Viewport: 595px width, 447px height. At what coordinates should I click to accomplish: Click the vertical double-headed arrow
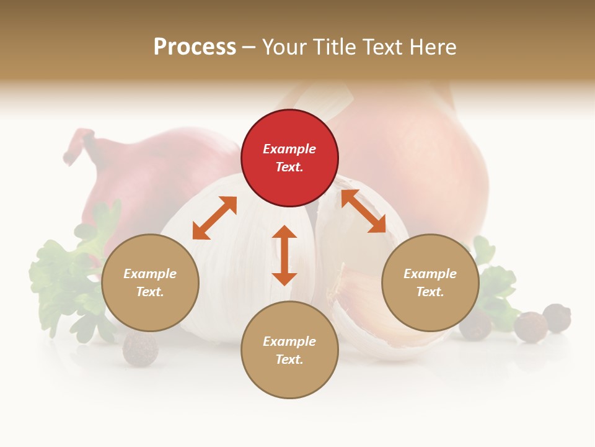tap(284, 255)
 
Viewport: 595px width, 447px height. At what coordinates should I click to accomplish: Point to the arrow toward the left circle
tap(214, 218)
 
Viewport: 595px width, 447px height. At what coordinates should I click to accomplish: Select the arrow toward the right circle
tap(363, 211)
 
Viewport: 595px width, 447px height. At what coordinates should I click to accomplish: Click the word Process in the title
tap(195, 47)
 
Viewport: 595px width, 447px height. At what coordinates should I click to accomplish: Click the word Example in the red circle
tap(289, 149)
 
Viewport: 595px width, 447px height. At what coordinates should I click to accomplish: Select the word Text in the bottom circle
tap(288, 359)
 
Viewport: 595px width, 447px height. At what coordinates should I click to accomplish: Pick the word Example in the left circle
tap(150, 274)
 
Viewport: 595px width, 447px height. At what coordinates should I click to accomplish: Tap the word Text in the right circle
tap(429, 292)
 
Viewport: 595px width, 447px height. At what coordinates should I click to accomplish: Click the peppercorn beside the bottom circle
tap(140, 349)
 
